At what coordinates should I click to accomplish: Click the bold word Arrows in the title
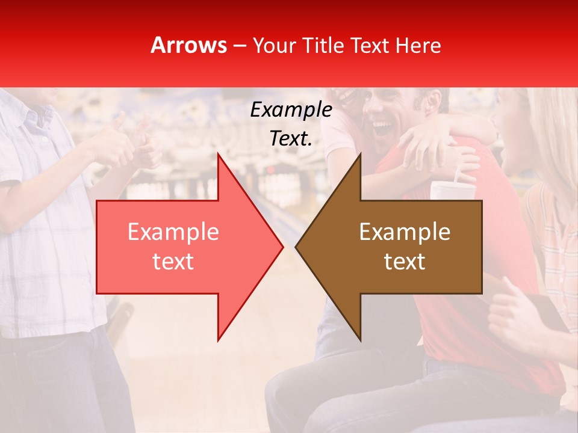point(189,45)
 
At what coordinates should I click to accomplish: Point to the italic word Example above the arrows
point(291,110)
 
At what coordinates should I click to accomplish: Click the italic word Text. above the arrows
point(291,138)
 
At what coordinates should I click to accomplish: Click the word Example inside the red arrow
point(173,232)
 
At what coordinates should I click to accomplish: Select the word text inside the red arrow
point(173,262)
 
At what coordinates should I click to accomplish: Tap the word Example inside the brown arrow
point(405,232)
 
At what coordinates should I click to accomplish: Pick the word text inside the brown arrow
point(405,262)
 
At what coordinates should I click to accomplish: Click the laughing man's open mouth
point(382,127)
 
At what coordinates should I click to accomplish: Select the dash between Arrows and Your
point(239,46)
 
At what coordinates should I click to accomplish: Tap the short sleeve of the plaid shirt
point(18,162)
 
